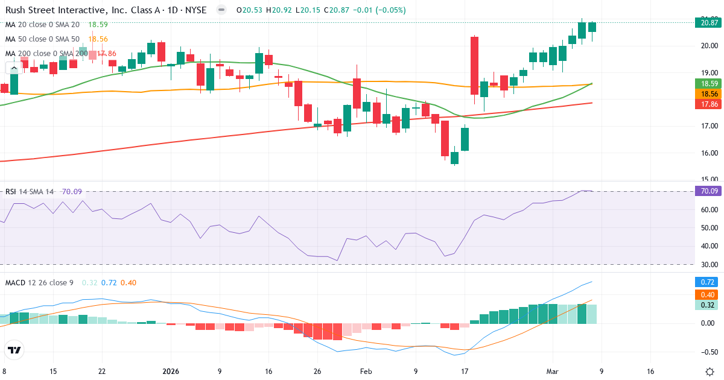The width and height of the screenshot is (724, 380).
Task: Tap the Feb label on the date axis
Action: point(366,372)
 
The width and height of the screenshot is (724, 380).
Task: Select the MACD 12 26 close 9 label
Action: point(40,282)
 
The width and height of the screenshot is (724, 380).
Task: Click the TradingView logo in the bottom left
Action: point(14,350)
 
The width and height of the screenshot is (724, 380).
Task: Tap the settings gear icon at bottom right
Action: point(710,372)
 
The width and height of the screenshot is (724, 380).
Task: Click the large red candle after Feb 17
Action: point(475,66)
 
